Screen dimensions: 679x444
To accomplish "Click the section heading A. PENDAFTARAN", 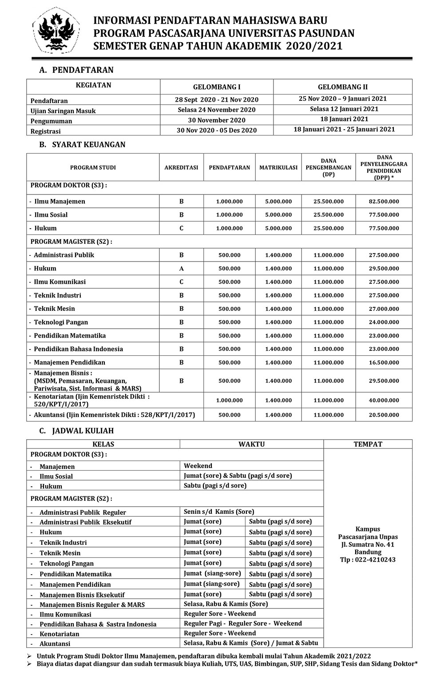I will point(76,70).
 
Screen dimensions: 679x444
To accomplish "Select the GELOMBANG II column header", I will point(342,87).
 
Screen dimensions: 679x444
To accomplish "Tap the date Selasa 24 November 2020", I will point(217,110).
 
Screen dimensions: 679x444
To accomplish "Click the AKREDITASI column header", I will point(181,168).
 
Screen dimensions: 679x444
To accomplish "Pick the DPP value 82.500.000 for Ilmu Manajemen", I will point(384,202).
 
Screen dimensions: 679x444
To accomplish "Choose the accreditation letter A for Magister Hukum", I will point(181,269).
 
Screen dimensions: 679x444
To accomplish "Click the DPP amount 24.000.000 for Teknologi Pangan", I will point(384,322).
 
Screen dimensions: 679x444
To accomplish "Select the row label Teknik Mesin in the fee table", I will point(54,309).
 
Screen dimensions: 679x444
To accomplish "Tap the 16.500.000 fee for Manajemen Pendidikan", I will point(384,363).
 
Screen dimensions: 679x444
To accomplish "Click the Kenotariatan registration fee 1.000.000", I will point(229,401).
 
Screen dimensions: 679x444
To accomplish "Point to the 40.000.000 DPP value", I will point(384,401).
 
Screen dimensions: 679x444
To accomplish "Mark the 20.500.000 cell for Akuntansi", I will point(384,415).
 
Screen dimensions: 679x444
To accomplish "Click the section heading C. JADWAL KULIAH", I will point(76,431).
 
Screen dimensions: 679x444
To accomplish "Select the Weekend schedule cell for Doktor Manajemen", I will point(198,466).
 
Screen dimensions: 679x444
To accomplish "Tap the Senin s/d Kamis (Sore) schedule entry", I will point(219,512).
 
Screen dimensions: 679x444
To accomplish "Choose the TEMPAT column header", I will point(368,444).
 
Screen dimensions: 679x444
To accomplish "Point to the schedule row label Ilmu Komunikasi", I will point(65,615).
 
